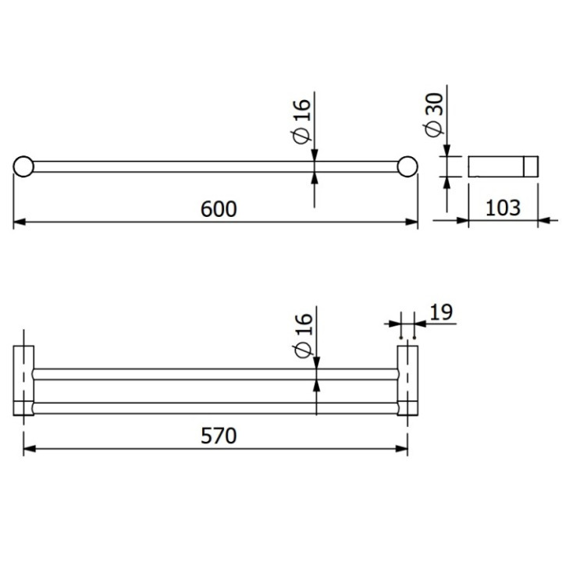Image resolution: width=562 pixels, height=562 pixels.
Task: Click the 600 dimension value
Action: click(217, 208)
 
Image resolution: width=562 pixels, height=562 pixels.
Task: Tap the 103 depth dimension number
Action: click(503, 208)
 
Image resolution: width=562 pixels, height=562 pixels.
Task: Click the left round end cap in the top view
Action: click(23, 166)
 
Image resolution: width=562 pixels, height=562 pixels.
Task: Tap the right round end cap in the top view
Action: click(407, 166)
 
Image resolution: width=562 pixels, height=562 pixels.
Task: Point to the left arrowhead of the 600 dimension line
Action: click(19, 222)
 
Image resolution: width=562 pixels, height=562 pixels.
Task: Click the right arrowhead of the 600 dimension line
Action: click(413, 222)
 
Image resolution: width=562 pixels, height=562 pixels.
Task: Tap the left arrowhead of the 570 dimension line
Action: click(29, 449)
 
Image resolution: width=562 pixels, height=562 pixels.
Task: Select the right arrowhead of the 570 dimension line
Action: click(403, 449)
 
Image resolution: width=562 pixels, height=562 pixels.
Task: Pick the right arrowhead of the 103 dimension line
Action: click(534, 221)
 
